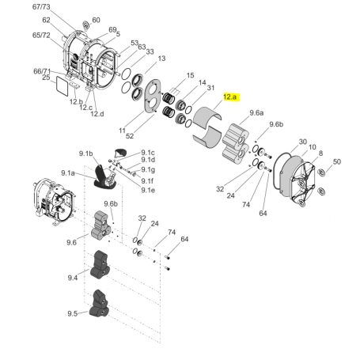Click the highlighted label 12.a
pyautogui.click(x=230, y=97)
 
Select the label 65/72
pyautogui.click(x=42, y=36)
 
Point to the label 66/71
pyautogui.click(x=42, y=71)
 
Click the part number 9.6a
pyautogui.click(x=257, y=113)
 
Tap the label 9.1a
pyautogui.click(x=69, y=172)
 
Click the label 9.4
pyautogui.click(x=72, y=278)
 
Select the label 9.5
pyautogui.click(x=72, y=313)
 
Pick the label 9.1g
pyautogui.click(x=148, y=170)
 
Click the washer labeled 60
pyautogui.click(x=85, y=23)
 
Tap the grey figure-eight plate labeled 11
pyautogui.click(x=150, y=102)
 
